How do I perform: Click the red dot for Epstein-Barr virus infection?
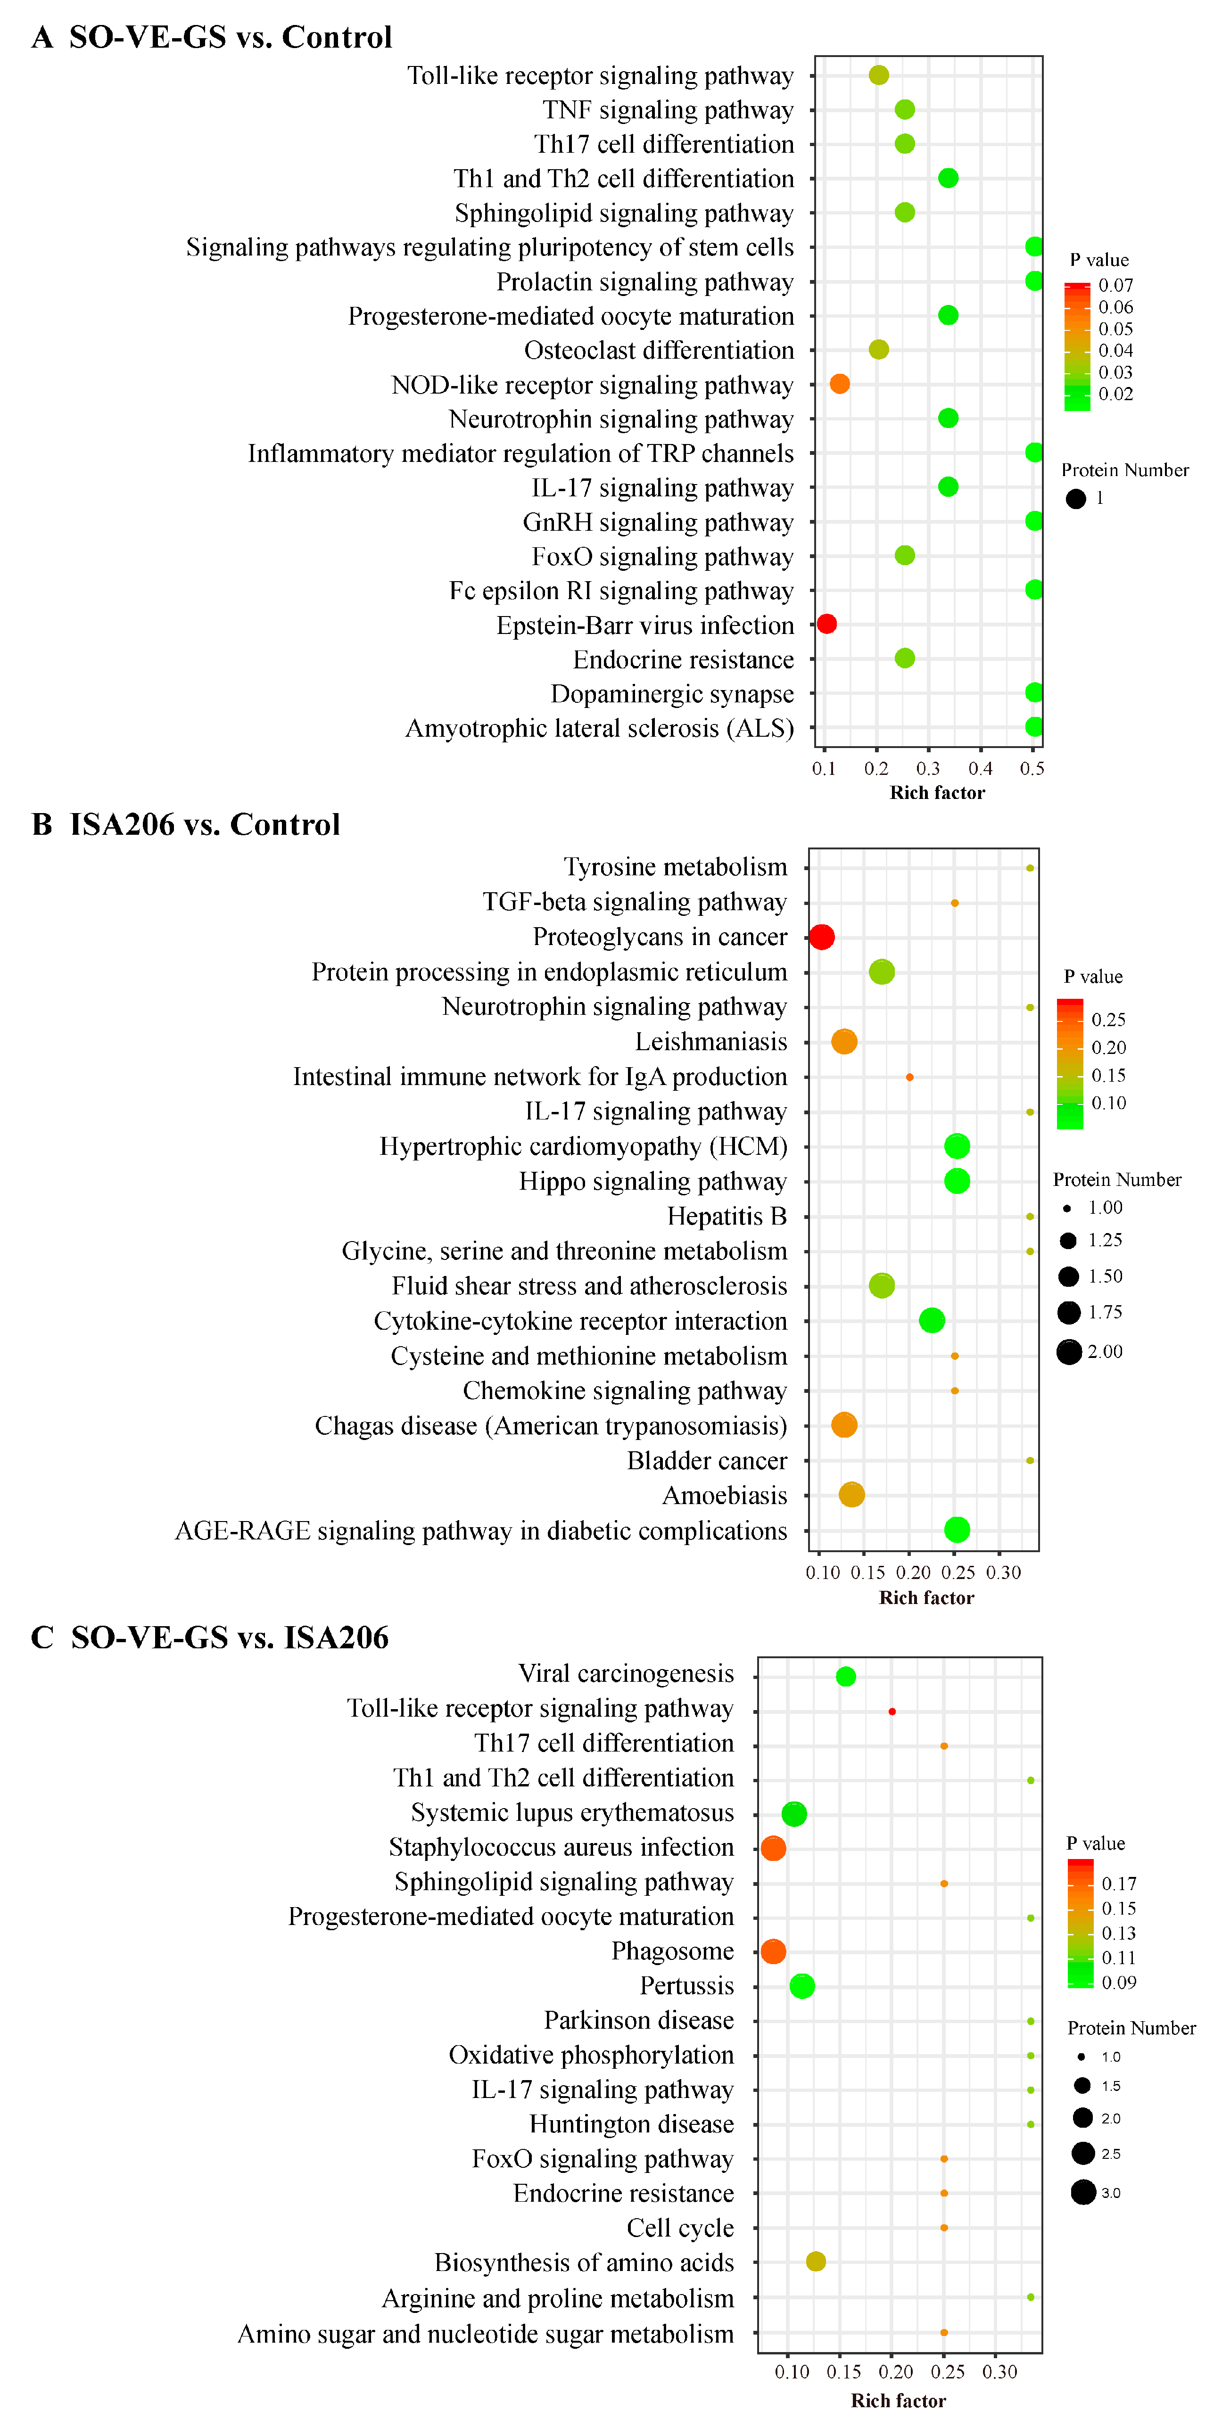(x=826, y=624)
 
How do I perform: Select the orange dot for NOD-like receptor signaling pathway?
(x=840, y=384)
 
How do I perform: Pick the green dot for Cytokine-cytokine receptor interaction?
(x=931, y=1321)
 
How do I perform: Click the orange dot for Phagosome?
(x=773, y=1951)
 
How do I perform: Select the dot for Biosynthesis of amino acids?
(x=816, y=2261)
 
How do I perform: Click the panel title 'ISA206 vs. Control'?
(x=205, y=824)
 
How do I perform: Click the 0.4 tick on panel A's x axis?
(x=980, y=769)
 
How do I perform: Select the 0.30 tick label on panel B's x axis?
(x=1003, y=1572)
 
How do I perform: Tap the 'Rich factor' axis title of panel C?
(x=898, y=2401)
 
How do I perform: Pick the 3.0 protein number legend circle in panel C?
(x=1082, y=2192)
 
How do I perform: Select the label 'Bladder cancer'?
(x=707, y=1460)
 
